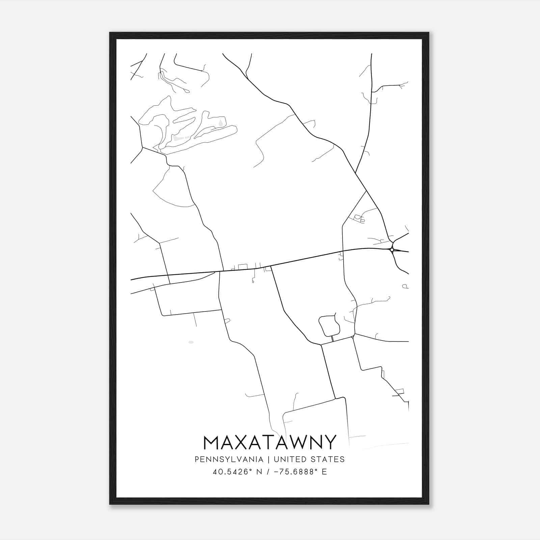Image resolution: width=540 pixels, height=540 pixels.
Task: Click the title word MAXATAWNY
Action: [270, 442]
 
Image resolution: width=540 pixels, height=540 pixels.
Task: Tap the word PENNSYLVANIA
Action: [229, 459]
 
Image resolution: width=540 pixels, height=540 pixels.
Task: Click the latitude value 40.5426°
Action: [232, 472]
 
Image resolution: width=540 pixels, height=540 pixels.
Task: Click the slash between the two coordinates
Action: [268, 472]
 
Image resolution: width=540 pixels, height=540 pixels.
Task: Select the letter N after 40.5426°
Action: [259, 472]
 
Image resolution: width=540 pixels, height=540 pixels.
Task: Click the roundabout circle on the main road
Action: [391, 250]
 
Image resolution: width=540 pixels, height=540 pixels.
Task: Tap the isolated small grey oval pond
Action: [191, 342]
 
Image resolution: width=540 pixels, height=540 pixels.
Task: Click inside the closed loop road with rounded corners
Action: [328, 325]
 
